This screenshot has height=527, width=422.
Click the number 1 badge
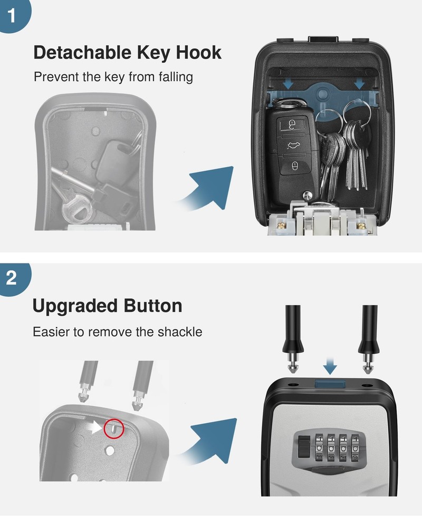coord(12,15)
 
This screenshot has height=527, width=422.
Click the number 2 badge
coord(12,278)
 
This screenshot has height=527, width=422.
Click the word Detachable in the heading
coord(75,53)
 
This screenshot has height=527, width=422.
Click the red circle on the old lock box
coord(114,428)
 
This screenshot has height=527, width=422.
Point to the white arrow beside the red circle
coord(95,428)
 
